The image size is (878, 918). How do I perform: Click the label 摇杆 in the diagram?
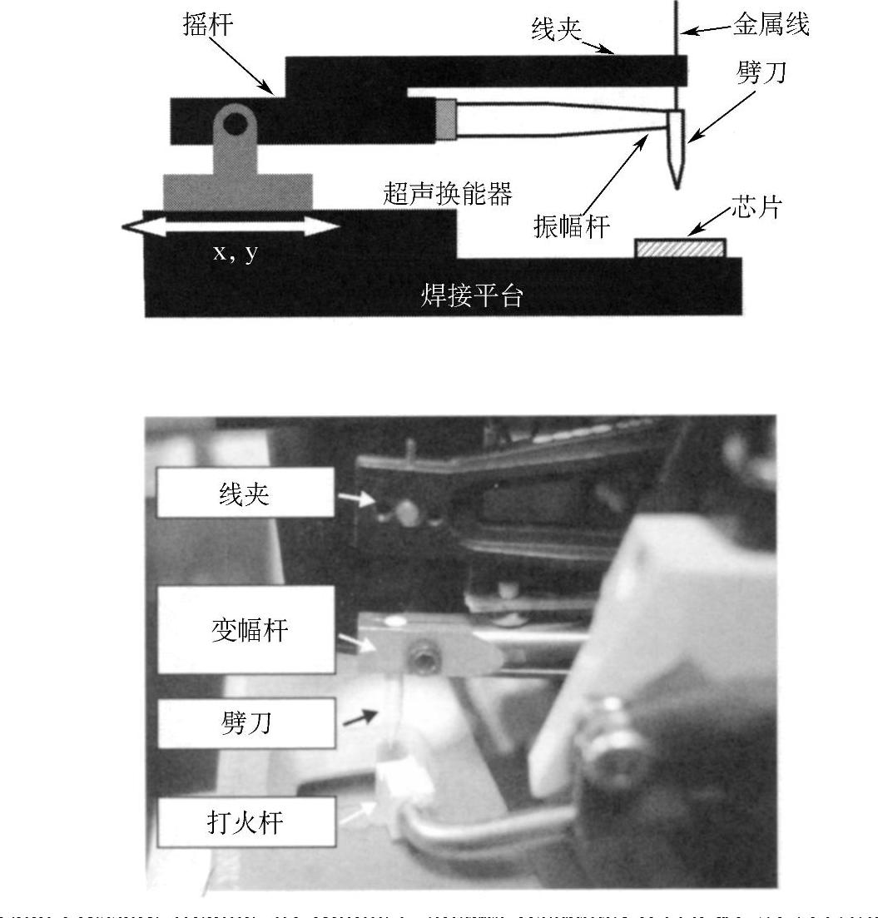[208, 24]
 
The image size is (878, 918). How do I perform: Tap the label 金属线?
[771, 25]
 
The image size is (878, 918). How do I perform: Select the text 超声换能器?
[447, 193]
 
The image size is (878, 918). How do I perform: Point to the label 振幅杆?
[572, 226]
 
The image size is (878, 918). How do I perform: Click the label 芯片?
[756, 207]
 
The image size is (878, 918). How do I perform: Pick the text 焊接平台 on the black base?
[472, 295]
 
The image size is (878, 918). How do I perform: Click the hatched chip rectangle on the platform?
[680, 248]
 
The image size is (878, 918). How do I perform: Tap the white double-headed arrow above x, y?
[230, 226]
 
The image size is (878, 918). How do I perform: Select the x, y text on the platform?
[235, 252]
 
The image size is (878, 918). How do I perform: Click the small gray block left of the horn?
[446, 119]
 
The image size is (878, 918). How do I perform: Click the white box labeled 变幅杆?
[248, 630]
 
